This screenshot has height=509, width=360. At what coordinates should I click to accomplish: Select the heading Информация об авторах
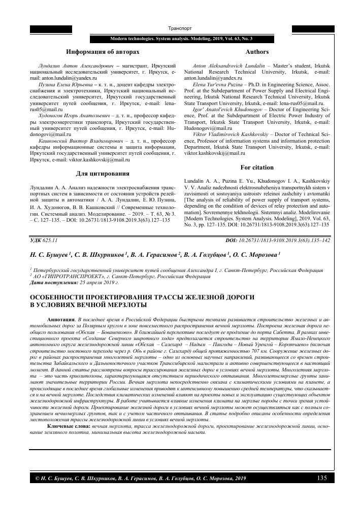point(103,52)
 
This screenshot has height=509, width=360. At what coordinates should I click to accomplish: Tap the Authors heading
point(257,52)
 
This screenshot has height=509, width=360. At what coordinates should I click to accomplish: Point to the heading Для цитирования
point(103,174)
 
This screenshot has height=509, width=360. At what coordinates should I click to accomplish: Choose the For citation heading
point(257,167)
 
